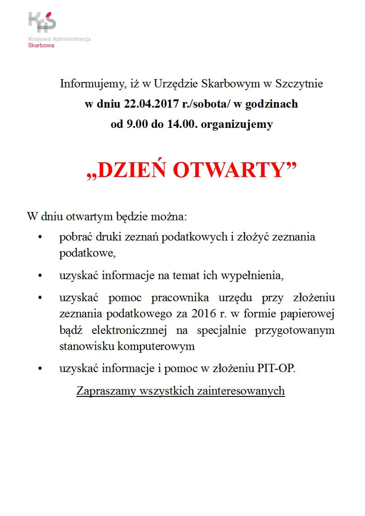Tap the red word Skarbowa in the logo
click(x=41, y=46)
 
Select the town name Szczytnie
click(x=299, y=84)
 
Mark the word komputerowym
click(x=158, y=346)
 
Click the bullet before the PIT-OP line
click(x=41, y=369)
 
